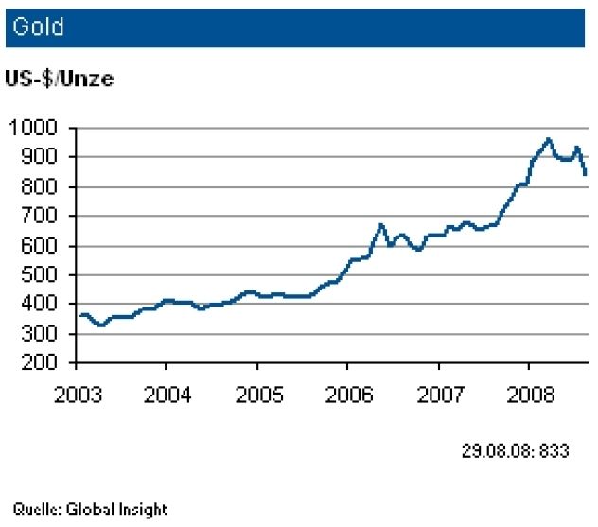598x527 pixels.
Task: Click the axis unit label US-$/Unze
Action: click(60, 79)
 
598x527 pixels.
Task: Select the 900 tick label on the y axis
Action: click(42, 157)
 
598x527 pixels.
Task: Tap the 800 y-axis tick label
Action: click(42, 187)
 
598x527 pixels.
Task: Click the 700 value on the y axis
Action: click(42, 217)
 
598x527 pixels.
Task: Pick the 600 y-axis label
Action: click(42, 246)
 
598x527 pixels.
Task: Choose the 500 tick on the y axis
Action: click(42, 275)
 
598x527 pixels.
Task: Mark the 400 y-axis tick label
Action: click(42, 305)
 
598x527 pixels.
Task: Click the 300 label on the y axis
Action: click(42, 334)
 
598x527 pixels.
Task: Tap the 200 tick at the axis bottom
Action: click(42, 363)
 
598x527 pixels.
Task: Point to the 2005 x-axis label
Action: click(256, 393)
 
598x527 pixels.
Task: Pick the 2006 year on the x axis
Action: click(347, 393)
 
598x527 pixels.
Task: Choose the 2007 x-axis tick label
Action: click(438, 393)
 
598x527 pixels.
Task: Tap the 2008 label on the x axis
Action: click(529, 393)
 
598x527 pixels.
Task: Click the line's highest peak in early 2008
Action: click(548, 139)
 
